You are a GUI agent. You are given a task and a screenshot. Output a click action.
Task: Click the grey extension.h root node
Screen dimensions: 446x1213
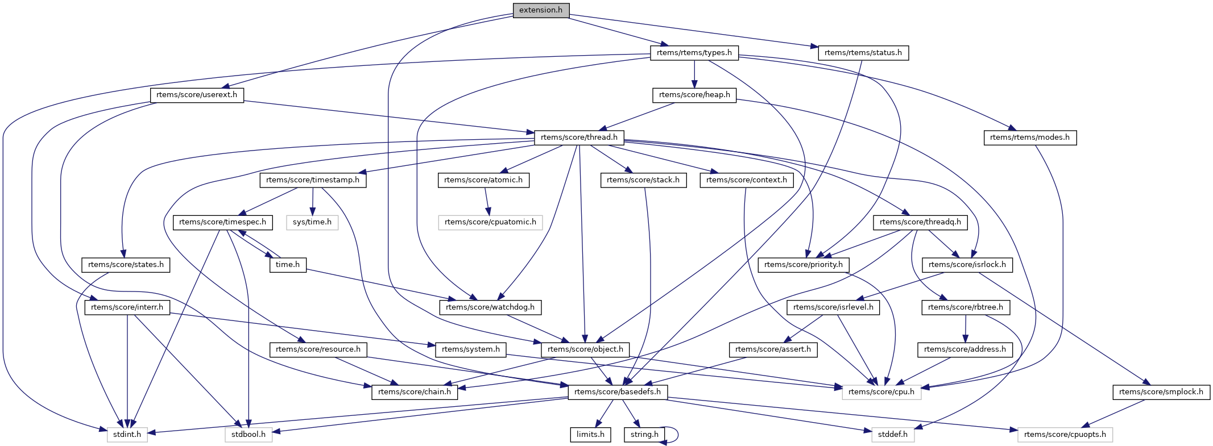[x=541, y=10]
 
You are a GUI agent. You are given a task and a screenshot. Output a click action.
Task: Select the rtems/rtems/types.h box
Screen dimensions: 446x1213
[x=694, y=53]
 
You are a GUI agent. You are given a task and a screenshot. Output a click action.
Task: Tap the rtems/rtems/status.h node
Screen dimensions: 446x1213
[x=863, y=53]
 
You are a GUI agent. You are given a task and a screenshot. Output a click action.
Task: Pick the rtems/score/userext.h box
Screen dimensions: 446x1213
[x=197, y=95]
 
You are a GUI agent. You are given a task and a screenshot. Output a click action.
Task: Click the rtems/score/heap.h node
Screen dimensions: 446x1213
[x=694, y=95]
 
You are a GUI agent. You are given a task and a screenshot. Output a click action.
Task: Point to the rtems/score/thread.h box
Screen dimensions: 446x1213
[x=579, y=137]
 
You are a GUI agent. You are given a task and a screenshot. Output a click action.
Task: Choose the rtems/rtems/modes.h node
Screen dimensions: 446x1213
[x=1029, y=137]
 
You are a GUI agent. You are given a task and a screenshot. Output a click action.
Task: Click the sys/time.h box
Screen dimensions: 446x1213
[x=312, y=222]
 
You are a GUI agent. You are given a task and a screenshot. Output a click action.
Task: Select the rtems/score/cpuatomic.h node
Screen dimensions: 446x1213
[x=490, y=222]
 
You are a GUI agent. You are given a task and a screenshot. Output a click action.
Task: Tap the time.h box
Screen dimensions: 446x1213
[x=288, y=265]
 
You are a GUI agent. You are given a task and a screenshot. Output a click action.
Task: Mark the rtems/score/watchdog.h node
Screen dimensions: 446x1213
[x=490, y=307]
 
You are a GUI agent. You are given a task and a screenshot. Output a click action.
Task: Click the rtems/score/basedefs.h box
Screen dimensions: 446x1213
[x=618, y=392]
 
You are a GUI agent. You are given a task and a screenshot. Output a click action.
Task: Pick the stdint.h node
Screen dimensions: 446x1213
[x=127, y=435]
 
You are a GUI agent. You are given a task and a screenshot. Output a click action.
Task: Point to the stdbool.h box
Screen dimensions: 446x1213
[x=249, y=435]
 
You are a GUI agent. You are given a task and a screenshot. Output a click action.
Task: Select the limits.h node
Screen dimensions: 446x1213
[x=590, y=435]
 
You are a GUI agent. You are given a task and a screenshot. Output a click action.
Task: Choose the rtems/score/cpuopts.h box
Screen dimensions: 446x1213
[x=1065, y=435]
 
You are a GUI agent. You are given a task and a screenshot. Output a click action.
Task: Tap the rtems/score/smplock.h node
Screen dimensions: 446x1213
[x=1161, y=392]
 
